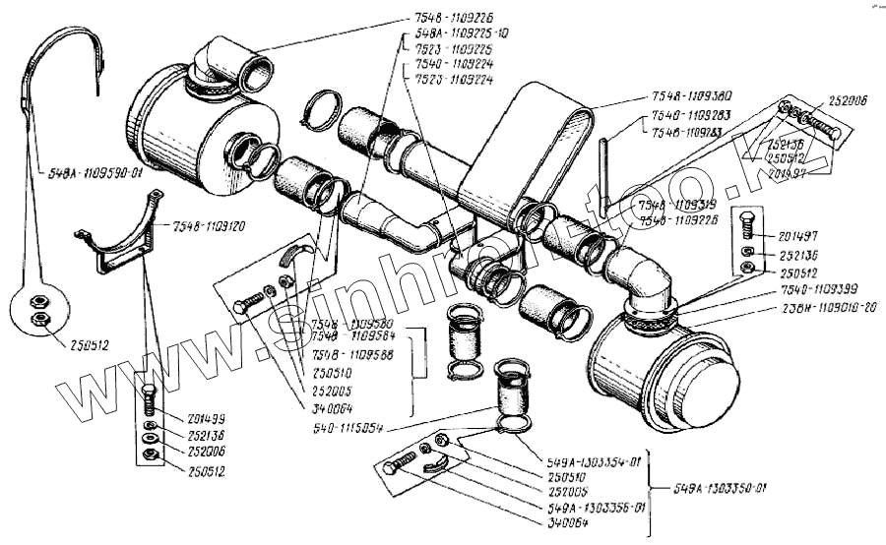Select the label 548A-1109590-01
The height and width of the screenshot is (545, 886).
(x=95, y=170)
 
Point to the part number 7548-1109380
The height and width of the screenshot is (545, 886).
(x=691, y=95)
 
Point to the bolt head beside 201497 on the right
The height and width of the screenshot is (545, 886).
(x=750, y=225)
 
